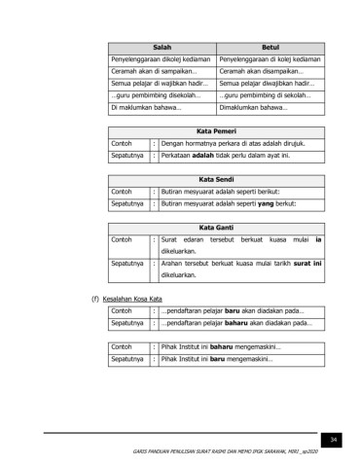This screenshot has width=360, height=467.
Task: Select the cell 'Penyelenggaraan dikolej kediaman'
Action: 161,59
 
